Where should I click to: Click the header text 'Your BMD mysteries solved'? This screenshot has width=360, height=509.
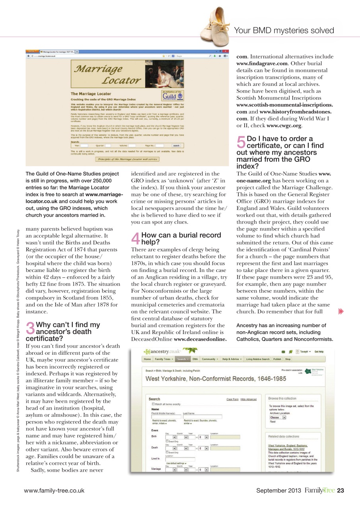[x=284, y=31]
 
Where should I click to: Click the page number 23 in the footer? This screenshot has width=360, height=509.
[x=341, y=490]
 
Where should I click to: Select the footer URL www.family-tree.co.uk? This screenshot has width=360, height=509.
[x=54, y=491]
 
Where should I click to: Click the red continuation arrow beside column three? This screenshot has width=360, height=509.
[x=341, y=311]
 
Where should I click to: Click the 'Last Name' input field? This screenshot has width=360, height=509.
[x=202, y=417]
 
